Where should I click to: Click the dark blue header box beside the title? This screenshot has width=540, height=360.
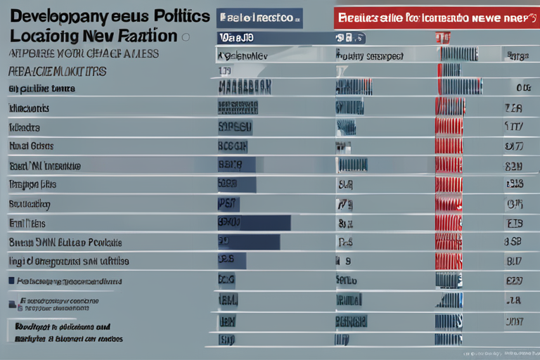(x=259, y=18)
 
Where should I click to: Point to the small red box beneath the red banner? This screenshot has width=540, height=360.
(x=442, y=38)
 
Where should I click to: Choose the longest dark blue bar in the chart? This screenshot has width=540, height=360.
(x=253, y=223)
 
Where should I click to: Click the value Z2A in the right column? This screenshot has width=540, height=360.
(x=513, y=109)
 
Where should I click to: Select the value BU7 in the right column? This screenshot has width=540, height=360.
(x=513, y=262)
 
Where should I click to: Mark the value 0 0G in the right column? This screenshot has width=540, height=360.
(x=522, y=89)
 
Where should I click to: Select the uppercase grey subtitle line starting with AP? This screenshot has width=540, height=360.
(x=83, y=54)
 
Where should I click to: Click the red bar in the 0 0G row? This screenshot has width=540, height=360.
(x=450, y=89)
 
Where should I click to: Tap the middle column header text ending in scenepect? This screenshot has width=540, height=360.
(x=369, y=55)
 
